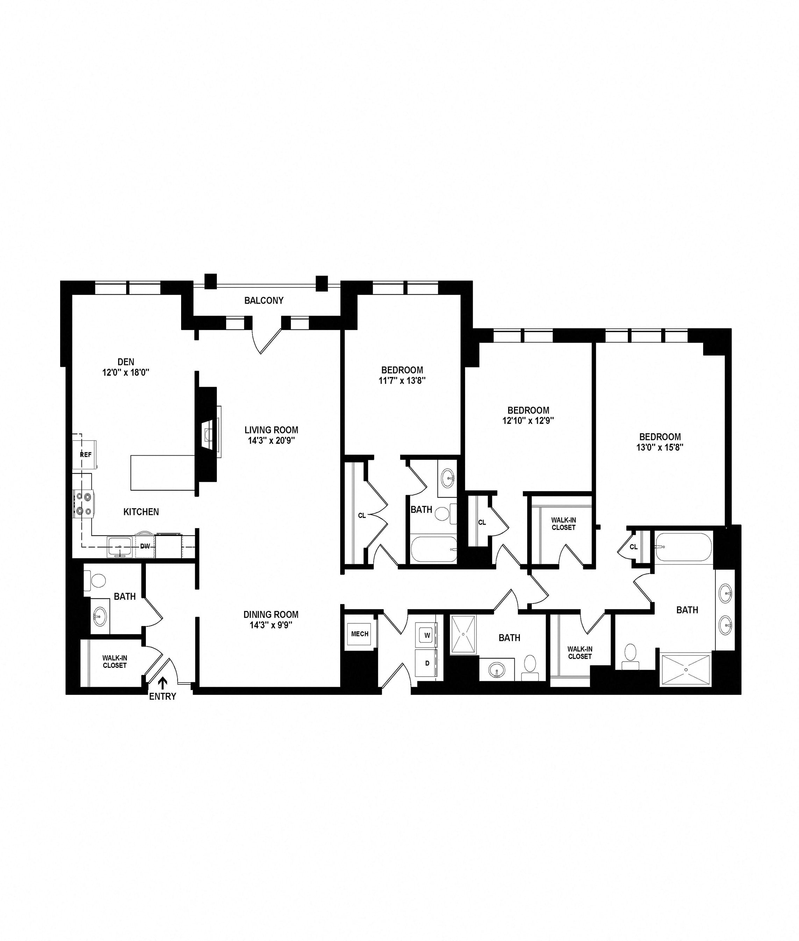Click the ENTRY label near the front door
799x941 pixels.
click(x=162, y=697)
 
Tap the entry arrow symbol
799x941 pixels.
click(x=162, y=683)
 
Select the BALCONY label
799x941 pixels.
click(x=264, y=300)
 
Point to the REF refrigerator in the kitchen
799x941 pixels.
click(x=85, y=454)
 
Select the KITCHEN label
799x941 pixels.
click(x=141, y=512)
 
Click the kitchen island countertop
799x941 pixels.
click(x=163, y=473)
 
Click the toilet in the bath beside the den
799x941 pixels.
click(x=95, y=580)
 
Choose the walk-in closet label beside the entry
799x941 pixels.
click(x=115, y=662)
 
